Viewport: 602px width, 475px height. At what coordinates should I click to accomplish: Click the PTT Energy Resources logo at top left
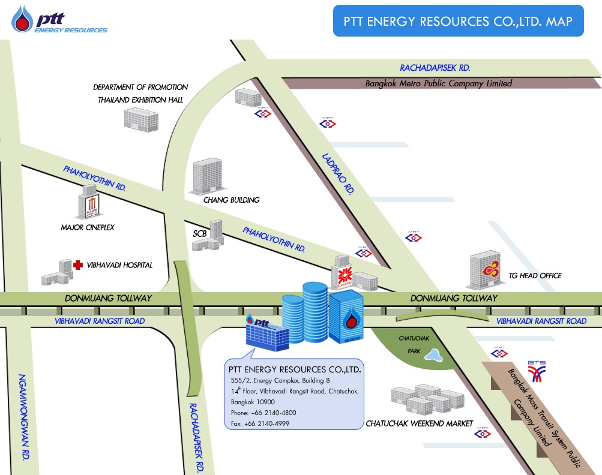(59, 20)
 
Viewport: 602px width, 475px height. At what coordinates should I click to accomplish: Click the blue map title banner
(458, 21)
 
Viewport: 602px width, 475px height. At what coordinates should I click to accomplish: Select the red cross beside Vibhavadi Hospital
(77, 264)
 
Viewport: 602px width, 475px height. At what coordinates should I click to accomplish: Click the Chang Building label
(231, 200)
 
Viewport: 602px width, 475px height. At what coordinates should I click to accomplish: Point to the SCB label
(199, 233)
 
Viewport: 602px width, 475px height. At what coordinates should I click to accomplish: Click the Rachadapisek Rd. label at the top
(435, 68)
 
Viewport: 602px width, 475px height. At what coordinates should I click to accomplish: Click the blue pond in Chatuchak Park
(433, 356)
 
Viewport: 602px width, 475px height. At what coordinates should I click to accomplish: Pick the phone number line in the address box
(263, 413)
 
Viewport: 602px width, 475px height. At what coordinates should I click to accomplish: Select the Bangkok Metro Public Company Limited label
(438, 83)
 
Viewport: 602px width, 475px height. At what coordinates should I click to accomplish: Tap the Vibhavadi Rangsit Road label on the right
(541, 321)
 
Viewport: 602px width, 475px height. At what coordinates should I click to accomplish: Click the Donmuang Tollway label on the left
(108, 298)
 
